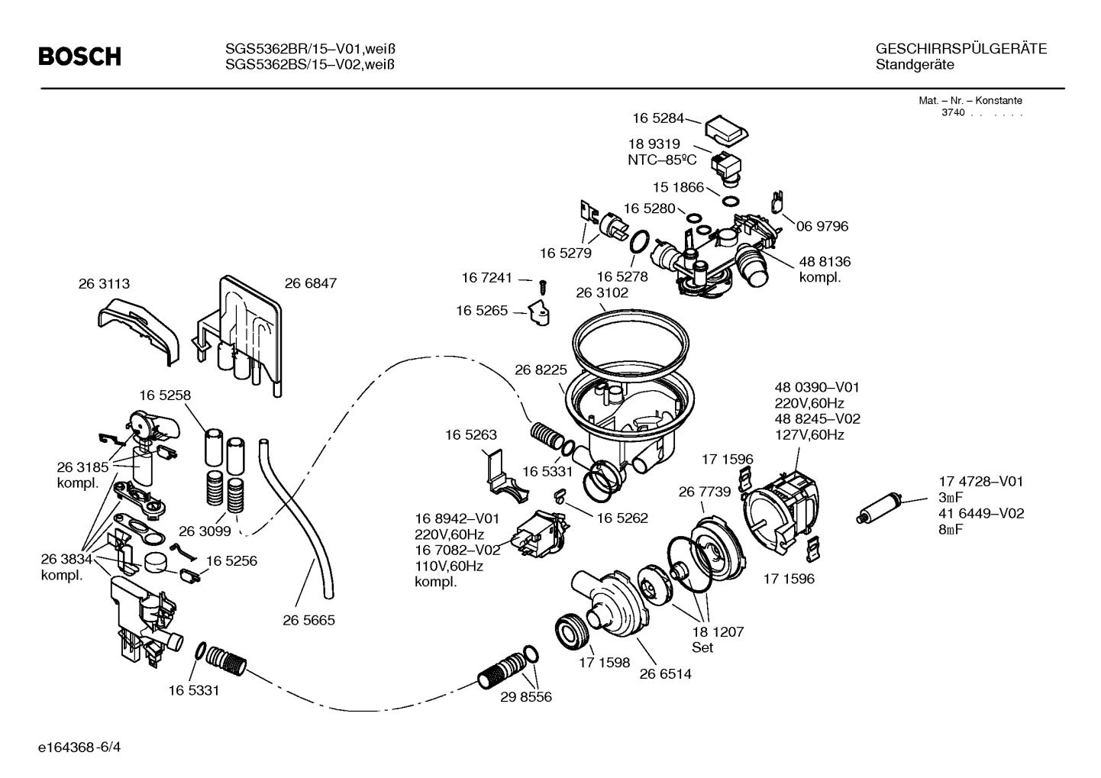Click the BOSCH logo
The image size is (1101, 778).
tap(79, 56)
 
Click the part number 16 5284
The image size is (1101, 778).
tap(657, 118)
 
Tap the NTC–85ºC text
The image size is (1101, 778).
tap(662, 160)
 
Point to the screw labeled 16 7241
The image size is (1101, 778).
tap(543, 286)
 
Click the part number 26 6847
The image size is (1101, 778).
tap(310, 283)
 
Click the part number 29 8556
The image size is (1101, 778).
tap(526, 697)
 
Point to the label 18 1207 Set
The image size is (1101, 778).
tap(717, 639)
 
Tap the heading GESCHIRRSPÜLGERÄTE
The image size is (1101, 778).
tap(961, 50)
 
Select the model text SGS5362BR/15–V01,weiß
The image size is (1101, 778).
tap(310, 50)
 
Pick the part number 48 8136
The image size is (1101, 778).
tap(824, 261)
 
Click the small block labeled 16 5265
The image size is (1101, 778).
tap(541, 313)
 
